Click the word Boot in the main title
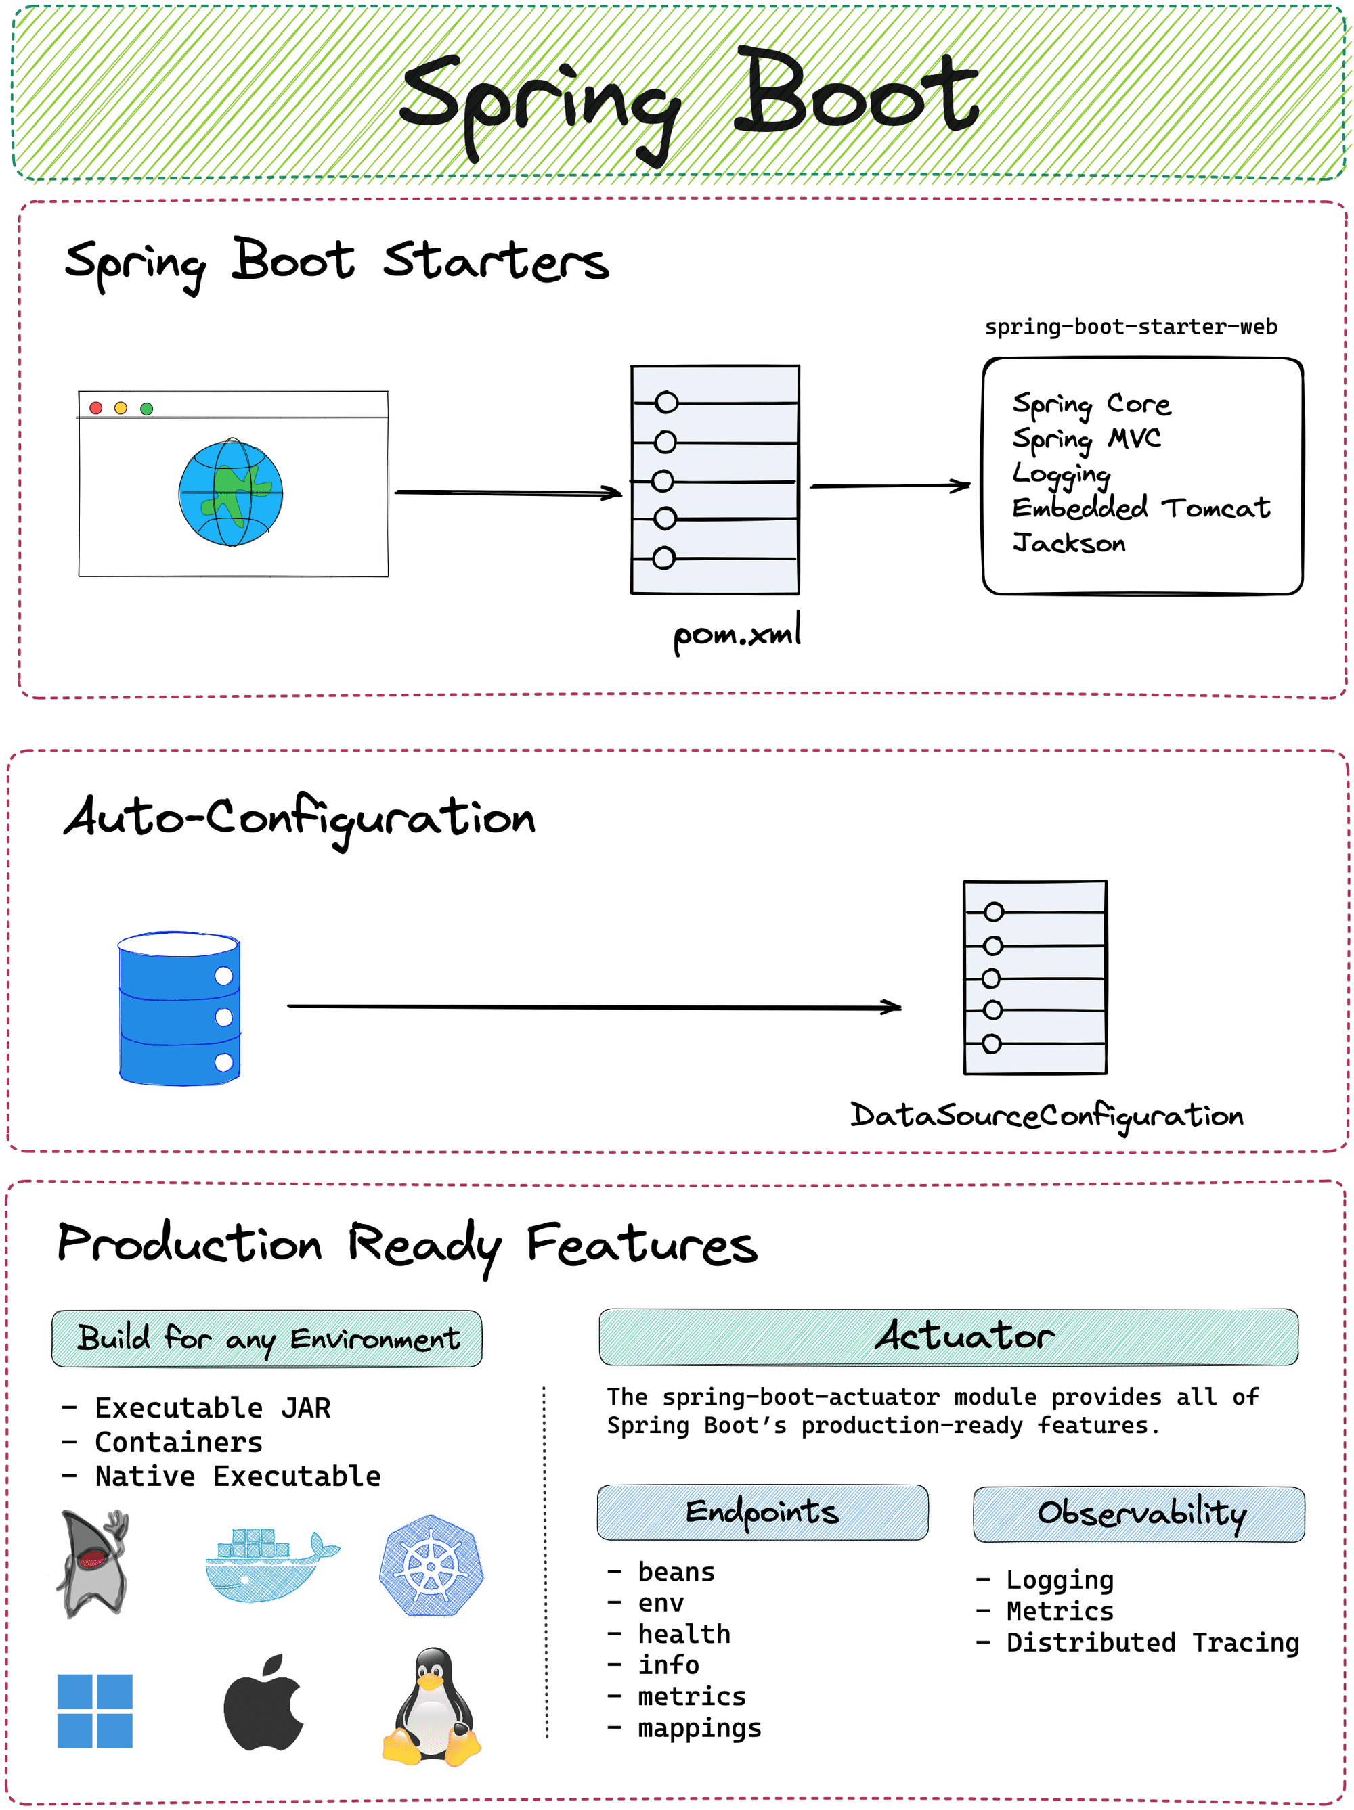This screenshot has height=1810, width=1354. tap(856, 94)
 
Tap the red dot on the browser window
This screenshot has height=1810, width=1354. tap(95, 407)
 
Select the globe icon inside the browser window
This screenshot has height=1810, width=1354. tap(231, 493)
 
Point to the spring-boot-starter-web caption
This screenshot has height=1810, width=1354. tap(1130, 327)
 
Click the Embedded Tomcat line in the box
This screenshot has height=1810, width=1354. tap(1140, 508)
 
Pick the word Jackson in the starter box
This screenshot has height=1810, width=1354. tap(1068, 543)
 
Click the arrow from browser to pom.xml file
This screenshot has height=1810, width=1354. tap(508, 493)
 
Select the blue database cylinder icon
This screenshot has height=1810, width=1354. tap(179, 1008)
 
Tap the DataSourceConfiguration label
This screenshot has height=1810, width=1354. tap(1045, 1115)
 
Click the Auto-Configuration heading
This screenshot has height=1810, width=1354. tap(300, 818)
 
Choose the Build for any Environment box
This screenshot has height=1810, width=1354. tap(267, 1338)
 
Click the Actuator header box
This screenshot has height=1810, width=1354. tap(948, 1336)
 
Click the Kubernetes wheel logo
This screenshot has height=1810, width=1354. tap(431, 1565)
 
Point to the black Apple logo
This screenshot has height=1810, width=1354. tap(263, 1704)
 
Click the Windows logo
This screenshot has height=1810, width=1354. tap(95, 1711)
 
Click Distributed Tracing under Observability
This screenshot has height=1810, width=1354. tap(1152, 1642)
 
